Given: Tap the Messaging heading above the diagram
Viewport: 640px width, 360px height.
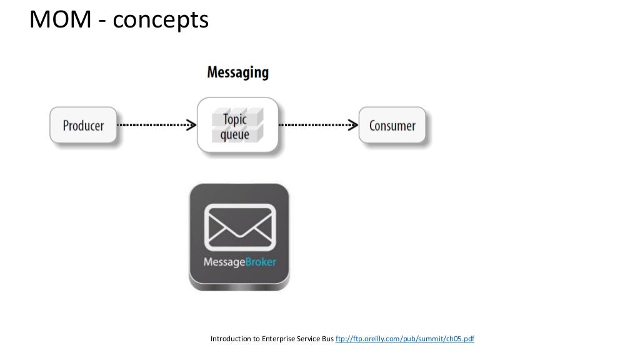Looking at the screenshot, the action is point(237,72).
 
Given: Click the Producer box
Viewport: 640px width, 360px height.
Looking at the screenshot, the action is point(83,125).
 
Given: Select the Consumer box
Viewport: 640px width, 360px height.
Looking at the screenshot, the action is point(392,125).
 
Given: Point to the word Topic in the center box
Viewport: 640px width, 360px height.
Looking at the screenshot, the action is point(235,119).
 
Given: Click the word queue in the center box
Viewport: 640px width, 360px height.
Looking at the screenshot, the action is point(235,133).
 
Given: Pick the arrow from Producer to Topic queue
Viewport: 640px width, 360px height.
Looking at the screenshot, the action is point(156,125).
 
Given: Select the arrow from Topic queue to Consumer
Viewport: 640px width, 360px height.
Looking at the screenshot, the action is point(317,125).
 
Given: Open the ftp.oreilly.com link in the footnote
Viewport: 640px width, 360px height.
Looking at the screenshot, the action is point(405,339).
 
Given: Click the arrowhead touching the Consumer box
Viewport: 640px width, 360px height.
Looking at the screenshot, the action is point(354,125).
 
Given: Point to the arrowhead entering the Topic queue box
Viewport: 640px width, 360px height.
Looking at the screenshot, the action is point(192,125).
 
